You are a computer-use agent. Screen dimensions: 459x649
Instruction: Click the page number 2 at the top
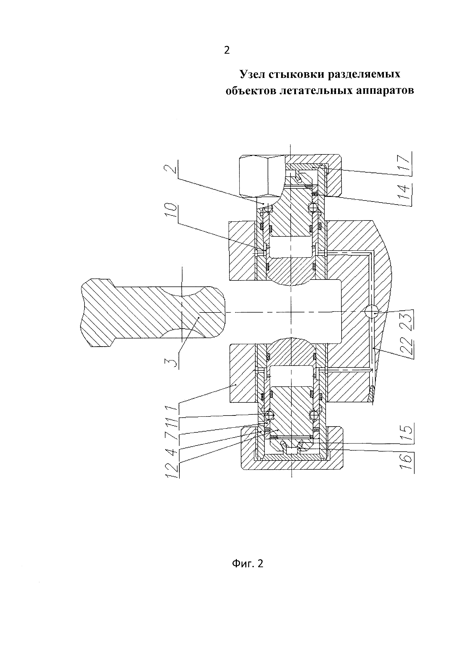pyautogui.click(x=227, y=50)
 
